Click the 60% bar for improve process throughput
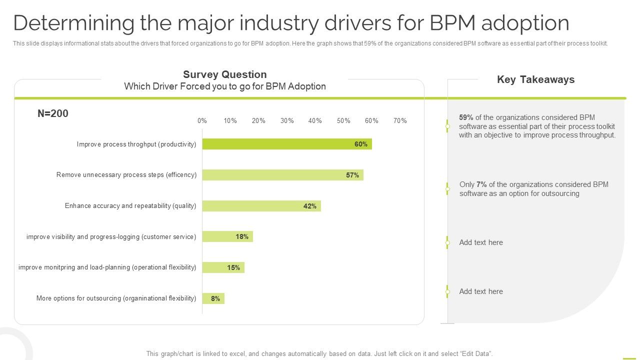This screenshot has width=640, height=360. (286, 144)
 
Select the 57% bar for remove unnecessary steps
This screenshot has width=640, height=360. (282, 175)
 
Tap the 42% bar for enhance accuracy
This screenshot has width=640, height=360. (261, 206)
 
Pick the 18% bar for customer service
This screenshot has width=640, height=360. (227, 236)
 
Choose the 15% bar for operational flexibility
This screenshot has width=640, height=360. (223, 267)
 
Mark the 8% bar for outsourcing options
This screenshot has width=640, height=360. (213, 298)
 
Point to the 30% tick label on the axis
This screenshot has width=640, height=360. (287, 120)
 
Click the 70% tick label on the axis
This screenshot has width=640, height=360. (400, 120)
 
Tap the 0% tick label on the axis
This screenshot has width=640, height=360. (202, 120)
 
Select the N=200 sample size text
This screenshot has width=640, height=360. (53, 113)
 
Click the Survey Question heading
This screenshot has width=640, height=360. (224, 74)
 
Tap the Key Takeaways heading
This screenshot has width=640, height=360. (535, 79)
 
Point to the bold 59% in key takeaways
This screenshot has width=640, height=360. (466, 117)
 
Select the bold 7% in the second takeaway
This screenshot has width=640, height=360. (481, 184)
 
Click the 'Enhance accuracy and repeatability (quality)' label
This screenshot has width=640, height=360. (130, 206)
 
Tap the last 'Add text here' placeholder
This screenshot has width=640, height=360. (481, 291)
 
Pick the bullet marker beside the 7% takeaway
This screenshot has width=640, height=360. (447, 188)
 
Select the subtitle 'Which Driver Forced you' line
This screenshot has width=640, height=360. (224, 86)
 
